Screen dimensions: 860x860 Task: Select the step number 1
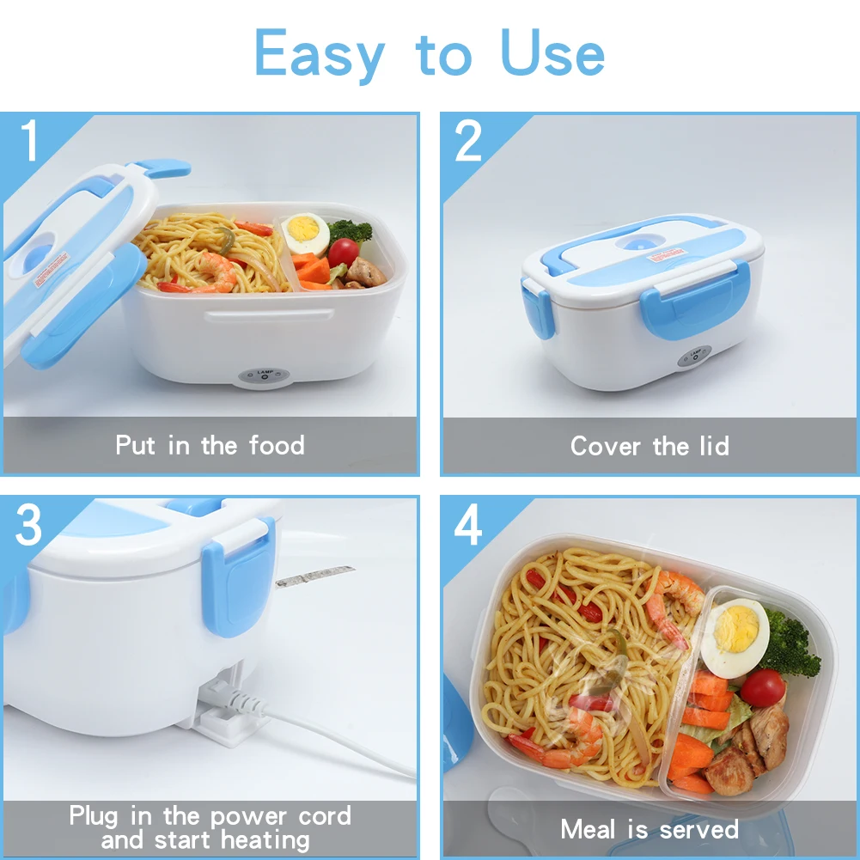tap(31, 142)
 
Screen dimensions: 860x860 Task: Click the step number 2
tap(469, 142)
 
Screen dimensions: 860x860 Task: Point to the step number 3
tap(29, 526)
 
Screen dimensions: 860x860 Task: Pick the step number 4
tap(468, 526)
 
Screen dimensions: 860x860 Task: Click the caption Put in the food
tap(210, 445)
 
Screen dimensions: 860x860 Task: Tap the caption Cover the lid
tap(650, 446)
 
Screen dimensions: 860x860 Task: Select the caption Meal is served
tap(650, 829)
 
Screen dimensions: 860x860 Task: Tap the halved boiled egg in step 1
tap(305, 233)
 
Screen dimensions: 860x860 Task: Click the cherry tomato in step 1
tap(343, 253)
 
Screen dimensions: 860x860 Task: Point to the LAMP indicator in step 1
tap(264, 375)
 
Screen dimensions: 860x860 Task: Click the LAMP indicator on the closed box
tap(694, 356)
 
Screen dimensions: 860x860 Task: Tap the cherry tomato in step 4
tap(762, 687)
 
